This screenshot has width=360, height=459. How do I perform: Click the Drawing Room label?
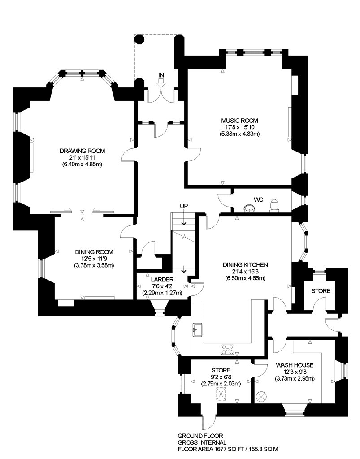point(82,151)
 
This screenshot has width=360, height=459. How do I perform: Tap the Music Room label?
point(240,121)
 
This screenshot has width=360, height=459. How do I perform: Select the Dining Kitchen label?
point(245,265)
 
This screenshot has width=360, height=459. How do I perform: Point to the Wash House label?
point(295,365)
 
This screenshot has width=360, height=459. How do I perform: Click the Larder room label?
point(162,280)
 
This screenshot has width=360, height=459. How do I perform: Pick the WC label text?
point(259,200)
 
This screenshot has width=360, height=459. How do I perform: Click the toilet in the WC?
point(274,205)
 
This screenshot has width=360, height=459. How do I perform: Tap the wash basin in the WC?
point(249,208)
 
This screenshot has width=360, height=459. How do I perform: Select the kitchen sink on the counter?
point(197,329)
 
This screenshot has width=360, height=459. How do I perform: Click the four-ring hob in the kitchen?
point(228,349)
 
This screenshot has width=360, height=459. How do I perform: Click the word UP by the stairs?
point(184,206)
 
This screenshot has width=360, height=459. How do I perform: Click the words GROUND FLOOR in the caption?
point(200,436)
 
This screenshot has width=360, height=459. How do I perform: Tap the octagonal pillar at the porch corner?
point(139,39)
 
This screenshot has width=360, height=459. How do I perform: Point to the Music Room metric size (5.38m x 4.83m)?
point(240,134)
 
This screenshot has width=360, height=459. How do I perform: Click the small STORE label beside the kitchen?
point(321,291)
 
